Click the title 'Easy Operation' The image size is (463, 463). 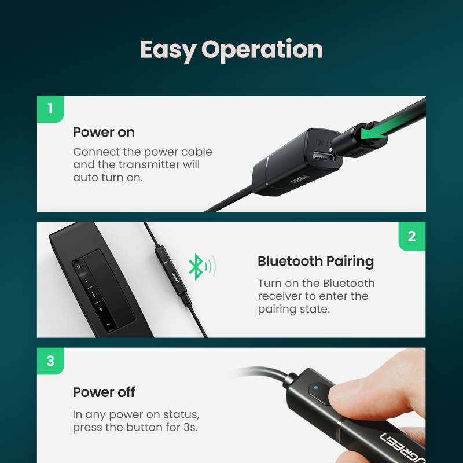click(231, 50)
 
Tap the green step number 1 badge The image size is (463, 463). click(50, 109)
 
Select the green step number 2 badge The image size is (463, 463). click(411, 236)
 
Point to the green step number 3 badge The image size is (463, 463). click(50, 361)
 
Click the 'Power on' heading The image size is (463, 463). click(104, 133)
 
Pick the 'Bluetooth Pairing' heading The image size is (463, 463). click(315, 262)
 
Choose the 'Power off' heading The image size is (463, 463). click(104, 392)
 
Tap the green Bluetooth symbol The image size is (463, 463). click(196, 267)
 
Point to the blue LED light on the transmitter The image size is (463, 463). click(316, 387)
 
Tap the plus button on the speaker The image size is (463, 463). click(100, 310)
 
